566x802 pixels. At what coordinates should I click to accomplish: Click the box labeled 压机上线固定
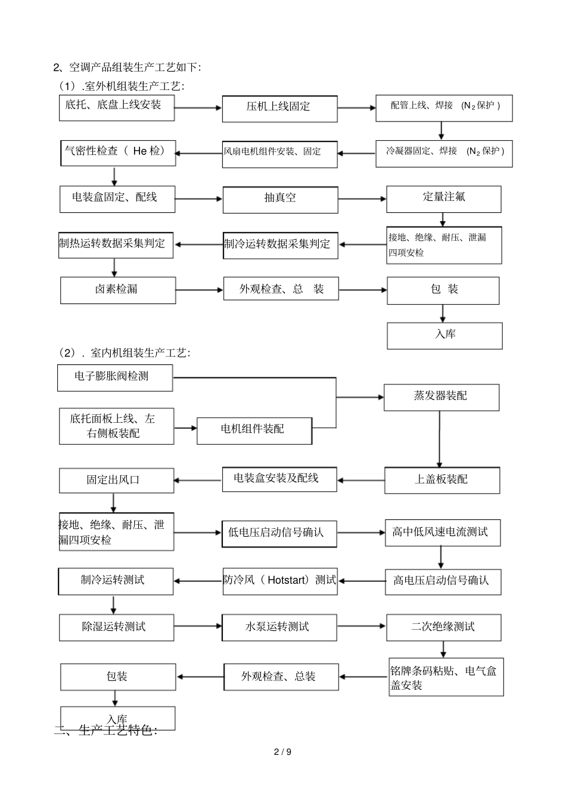[x=279, y=107]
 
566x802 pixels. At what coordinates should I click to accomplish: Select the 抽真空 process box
[x=280, y=199]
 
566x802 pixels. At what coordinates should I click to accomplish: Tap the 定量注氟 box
[x=443, y=199]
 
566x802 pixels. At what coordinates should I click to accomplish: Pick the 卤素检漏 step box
[x=117, y=290]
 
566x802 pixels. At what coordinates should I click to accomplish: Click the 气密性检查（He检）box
[x=117, y=153]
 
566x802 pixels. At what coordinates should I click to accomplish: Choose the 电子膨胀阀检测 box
[x=114, y=377]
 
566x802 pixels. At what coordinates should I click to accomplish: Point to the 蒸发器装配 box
[x=441, y=397]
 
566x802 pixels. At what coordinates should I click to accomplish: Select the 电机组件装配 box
[x=254, y=430]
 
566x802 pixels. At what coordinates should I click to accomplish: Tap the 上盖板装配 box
[x=441, y=480]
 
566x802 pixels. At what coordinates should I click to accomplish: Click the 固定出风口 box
[x=116, y=480]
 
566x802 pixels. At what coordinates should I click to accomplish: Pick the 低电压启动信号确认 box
[x=278, y=533]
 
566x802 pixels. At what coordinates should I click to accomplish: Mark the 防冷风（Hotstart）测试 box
[x=279, y=581]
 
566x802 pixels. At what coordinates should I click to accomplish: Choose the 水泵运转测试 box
[x=278, y=627]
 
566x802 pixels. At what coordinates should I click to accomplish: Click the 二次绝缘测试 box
[x=443, y=627]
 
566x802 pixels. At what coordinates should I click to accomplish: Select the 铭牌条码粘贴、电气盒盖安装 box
[x=446, y=679]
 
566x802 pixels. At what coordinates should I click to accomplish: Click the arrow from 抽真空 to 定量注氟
[x=362, y=199]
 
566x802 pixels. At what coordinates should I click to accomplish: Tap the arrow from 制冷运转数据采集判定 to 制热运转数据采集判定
[x=198, y=244]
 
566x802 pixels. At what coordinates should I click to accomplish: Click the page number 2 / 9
[x=282, y=752]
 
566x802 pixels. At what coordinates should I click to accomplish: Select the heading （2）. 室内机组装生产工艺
[x=124, y=354]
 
